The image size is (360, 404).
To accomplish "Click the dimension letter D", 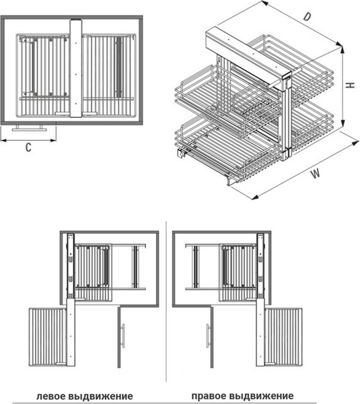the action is coord(307,16).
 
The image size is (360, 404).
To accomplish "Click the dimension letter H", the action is coord(350,86).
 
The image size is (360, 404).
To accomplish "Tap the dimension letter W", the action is coord(316,173).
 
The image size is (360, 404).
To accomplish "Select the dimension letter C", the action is coord(28,147).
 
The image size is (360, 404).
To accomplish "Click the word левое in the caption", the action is coord(51,396).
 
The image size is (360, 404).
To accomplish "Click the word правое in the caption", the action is coord(209,395).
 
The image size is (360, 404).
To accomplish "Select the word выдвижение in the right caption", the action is coord(261,395).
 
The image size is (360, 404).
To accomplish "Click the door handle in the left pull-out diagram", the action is coord(123,336).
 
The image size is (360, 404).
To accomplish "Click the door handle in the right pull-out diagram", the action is coord(208,336).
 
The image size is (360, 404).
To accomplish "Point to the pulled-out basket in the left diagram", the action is coord(48,337).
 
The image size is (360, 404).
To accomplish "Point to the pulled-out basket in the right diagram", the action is coord(283,337).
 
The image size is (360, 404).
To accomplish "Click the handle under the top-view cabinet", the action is coord(30,128).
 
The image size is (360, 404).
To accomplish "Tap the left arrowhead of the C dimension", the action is coord(3,141).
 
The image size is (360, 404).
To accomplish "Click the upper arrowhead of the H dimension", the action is coord(343,50).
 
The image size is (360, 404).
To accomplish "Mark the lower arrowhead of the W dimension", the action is coord(254,197).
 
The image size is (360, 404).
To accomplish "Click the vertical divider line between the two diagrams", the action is coord(166,302).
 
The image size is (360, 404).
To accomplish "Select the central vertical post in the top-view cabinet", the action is coord(76,68).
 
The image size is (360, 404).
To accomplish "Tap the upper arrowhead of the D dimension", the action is coord(264,3).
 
